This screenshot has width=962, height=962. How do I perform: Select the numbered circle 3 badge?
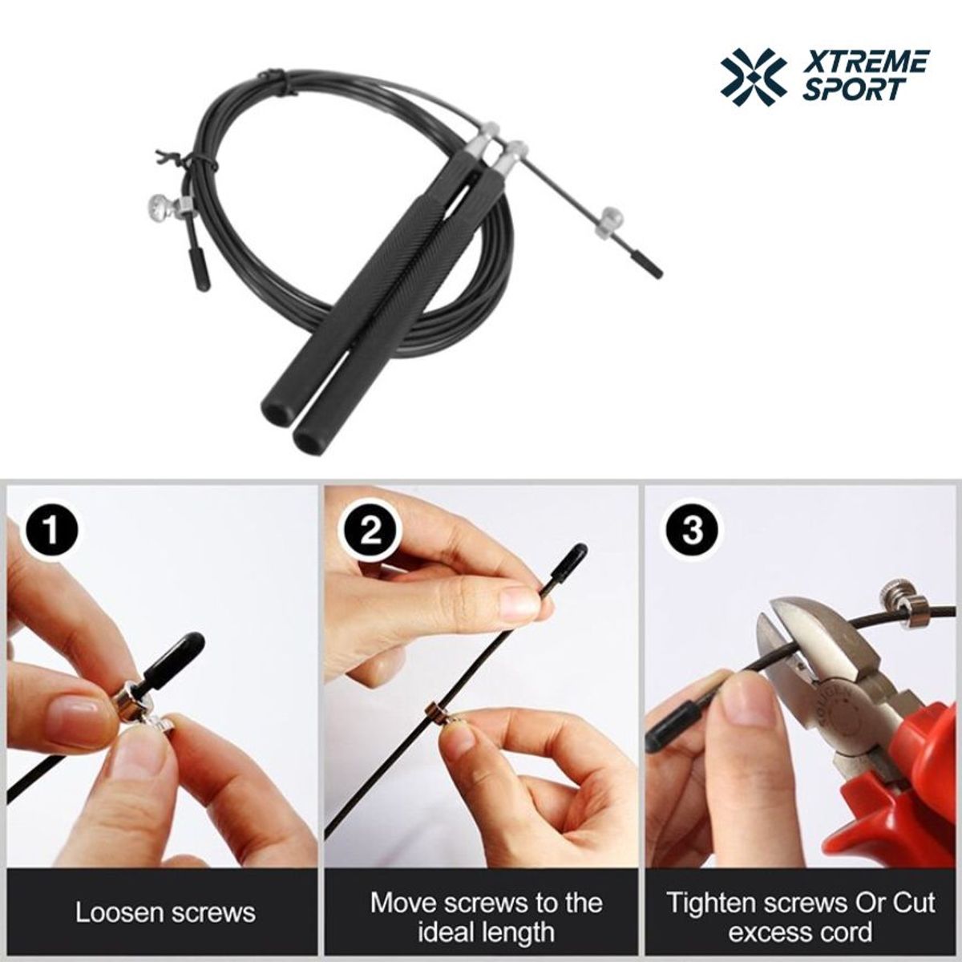pos(693,532)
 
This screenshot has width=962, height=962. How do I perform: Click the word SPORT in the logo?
pos(851,90)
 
